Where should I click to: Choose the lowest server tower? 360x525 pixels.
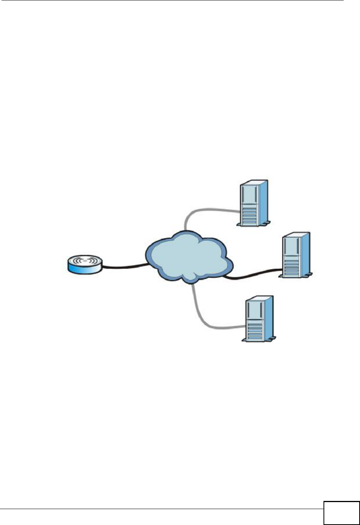click(258, 318)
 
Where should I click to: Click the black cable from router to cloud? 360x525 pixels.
click(124, 267)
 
